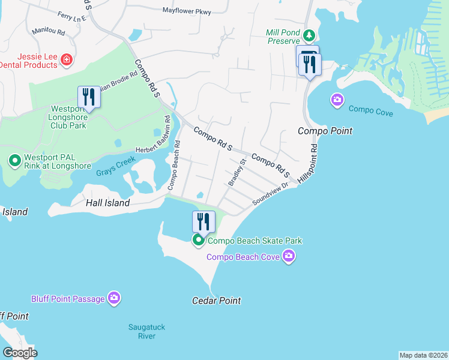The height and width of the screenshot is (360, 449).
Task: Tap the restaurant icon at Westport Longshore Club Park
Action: tap(89, 97)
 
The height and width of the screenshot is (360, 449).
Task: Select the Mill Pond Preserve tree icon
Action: tap(309, 36)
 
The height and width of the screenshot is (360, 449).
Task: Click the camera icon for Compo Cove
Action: tap(337, 99)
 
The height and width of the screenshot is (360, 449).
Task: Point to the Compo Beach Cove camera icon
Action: tap(289, 257)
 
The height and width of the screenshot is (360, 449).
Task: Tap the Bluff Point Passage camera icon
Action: tap(114, 298)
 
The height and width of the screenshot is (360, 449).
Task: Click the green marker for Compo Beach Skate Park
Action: tap(199, 241)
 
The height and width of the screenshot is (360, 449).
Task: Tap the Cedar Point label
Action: tap(216, 301)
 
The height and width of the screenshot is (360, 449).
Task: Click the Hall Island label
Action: tap(108, 203)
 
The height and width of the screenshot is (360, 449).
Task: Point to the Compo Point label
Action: tap(325, 131)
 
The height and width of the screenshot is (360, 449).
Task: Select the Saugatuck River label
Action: tap(146, 331)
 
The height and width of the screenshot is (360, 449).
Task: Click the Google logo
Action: tap(20, 352)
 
